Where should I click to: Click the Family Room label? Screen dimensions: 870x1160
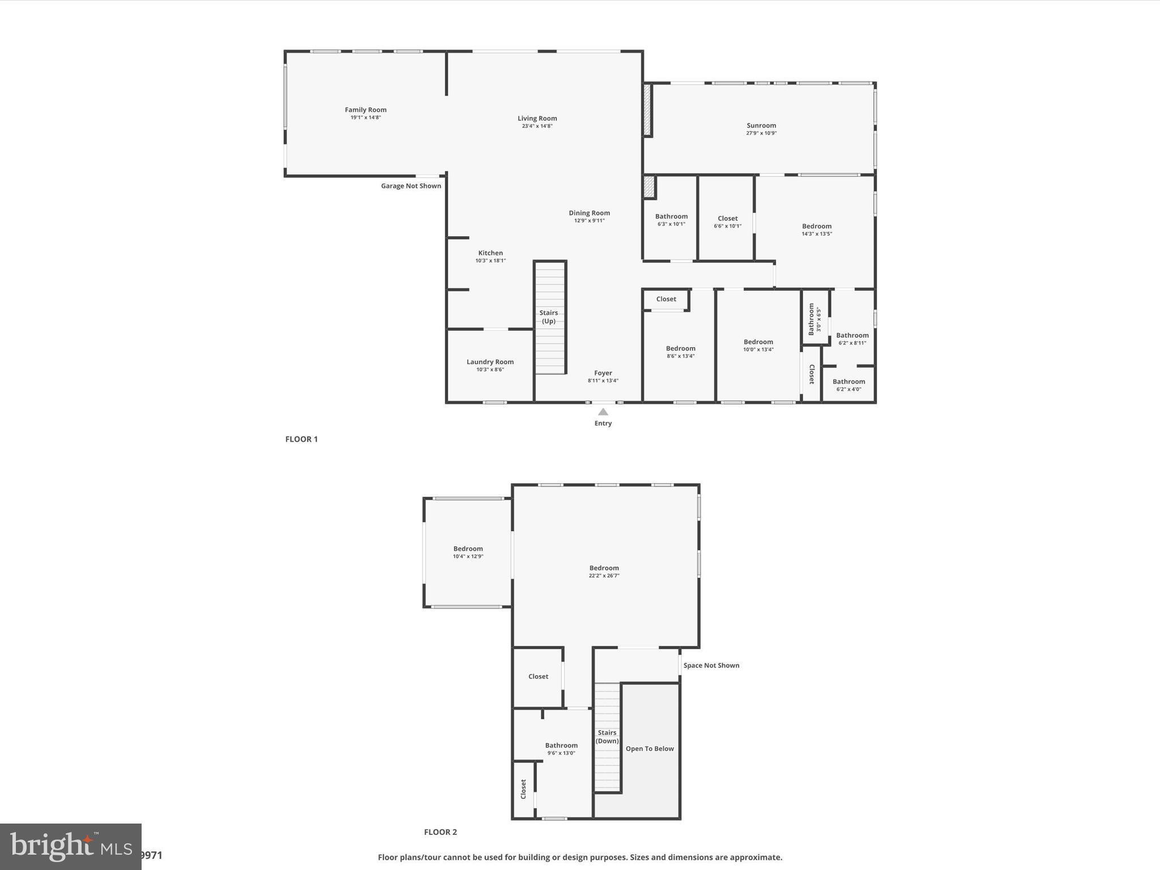point(365,110)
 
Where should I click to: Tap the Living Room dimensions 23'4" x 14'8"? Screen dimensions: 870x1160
point(537,126)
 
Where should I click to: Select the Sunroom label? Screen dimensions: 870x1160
point(761,126)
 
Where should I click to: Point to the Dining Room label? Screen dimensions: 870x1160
point(589,213)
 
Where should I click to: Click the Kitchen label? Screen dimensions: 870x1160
point(491,253)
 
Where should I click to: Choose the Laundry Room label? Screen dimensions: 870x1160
point(490,362)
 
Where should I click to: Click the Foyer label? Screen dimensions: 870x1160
point(603,373)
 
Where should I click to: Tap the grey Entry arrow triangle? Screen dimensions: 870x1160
point(603,412)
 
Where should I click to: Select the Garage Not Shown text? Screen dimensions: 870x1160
point(411,186)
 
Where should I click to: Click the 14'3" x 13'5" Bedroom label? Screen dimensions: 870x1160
point(816,227)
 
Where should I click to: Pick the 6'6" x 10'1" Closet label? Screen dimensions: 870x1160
point(727,219)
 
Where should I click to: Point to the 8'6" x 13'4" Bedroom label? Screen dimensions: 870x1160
point(680,349)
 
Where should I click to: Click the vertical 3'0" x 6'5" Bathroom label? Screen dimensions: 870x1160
point(812,319)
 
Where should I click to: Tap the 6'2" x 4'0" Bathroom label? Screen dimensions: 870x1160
point(848,382)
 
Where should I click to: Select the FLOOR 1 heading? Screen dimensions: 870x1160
point(301,439)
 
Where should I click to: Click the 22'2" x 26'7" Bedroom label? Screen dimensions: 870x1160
point(604,568)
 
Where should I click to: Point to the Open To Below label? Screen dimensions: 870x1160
point(649,749)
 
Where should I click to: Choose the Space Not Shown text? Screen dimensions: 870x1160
point(711,666)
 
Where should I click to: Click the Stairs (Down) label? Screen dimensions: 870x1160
point(607,736)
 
